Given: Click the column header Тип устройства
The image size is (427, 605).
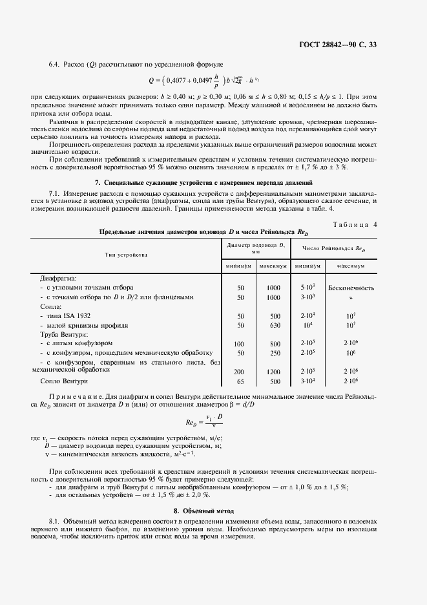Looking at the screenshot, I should pyautogui.click(x=126, y=255).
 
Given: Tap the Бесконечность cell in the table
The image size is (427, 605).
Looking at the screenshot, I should pyautogui.click(x=351, y=287).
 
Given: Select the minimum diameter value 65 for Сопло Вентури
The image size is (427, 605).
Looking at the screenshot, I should pyautogui.click(x=240, y=381).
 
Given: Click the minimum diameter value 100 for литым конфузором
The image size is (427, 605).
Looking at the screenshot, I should pyautogui.click(x=240, y=343).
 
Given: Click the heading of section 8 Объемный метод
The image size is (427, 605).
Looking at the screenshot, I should pyautogui.click(x=213, y=511).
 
